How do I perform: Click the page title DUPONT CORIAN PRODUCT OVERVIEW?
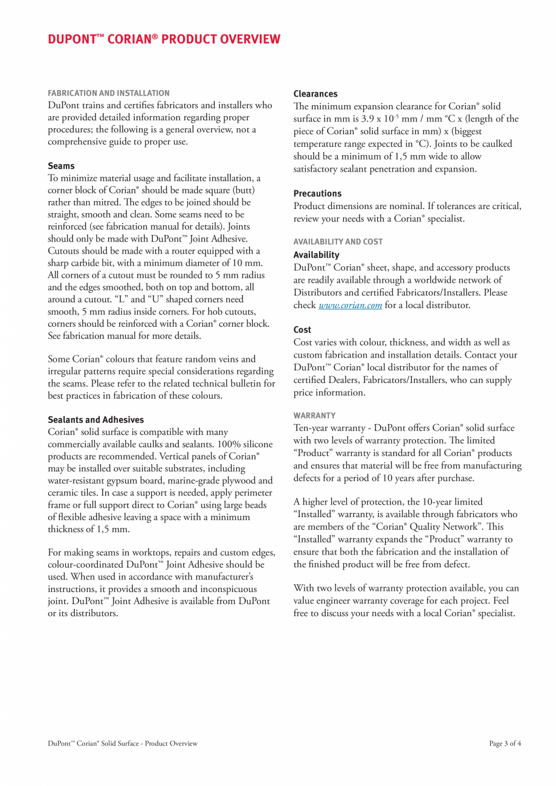pos(164,39)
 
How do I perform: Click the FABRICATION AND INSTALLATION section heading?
pos(109,93)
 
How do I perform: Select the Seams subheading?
pos(61,166)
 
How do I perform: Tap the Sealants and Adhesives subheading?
pos(95,419)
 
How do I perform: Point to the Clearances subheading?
pos(315,94)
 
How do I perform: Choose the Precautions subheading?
pos(317,193)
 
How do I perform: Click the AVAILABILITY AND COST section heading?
pos(338,242)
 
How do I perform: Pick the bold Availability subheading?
pos(316,255)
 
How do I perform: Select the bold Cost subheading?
pos(302,330)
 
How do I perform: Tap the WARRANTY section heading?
pos(314,416)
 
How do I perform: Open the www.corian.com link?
pos(350,306)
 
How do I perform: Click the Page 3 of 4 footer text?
pos(505,744)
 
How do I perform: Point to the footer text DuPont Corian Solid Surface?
pos(123,744)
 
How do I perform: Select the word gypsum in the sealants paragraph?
pos(122,481)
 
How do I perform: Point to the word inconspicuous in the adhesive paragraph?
pos(220,589)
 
